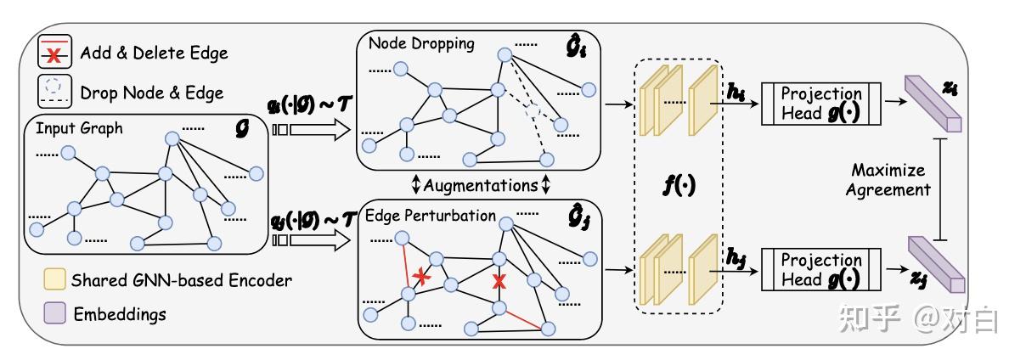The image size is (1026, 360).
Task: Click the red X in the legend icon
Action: point(54,56)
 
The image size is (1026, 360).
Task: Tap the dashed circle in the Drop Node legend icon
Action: point(54,86)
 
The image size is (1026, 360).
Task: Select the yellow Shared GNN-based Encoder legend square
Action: point(54,279)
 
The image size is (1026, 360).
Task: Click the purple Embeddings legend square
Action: point(54,312)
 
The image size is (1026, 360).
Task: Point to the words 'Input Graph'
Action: point(79,128)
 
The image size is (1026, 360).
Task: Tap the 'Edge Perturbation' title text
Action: point(430,216)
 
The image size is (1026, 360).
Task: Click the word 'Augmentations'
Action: point(481,185)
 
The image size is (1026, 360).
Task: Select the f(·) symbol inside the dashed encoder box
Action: point(679,185)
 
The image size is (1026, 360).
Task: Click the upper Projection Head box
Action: point(820,104)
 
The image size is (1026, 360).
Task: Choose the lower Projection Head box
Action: point(820,269)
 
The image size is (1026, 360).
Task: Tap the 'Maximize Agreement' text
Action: point(888,179)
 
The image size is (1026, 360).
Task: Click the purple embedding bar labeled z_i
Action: point(933,104)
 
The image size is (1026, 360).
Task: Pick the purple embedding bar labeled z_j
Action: point(936,264)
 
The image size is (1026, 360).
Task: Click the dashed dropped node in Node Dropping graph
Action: point(533,110)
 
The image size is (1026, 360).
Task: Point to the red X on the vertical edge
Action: point(499,281)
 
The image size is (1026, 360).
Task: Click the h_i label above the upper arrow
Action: point(736,92)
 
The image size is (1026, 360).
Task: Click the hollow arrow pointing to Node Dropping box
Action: point(312,130)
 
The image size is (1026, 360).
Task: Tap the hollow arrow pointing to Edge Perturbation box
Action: point(312,240)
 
